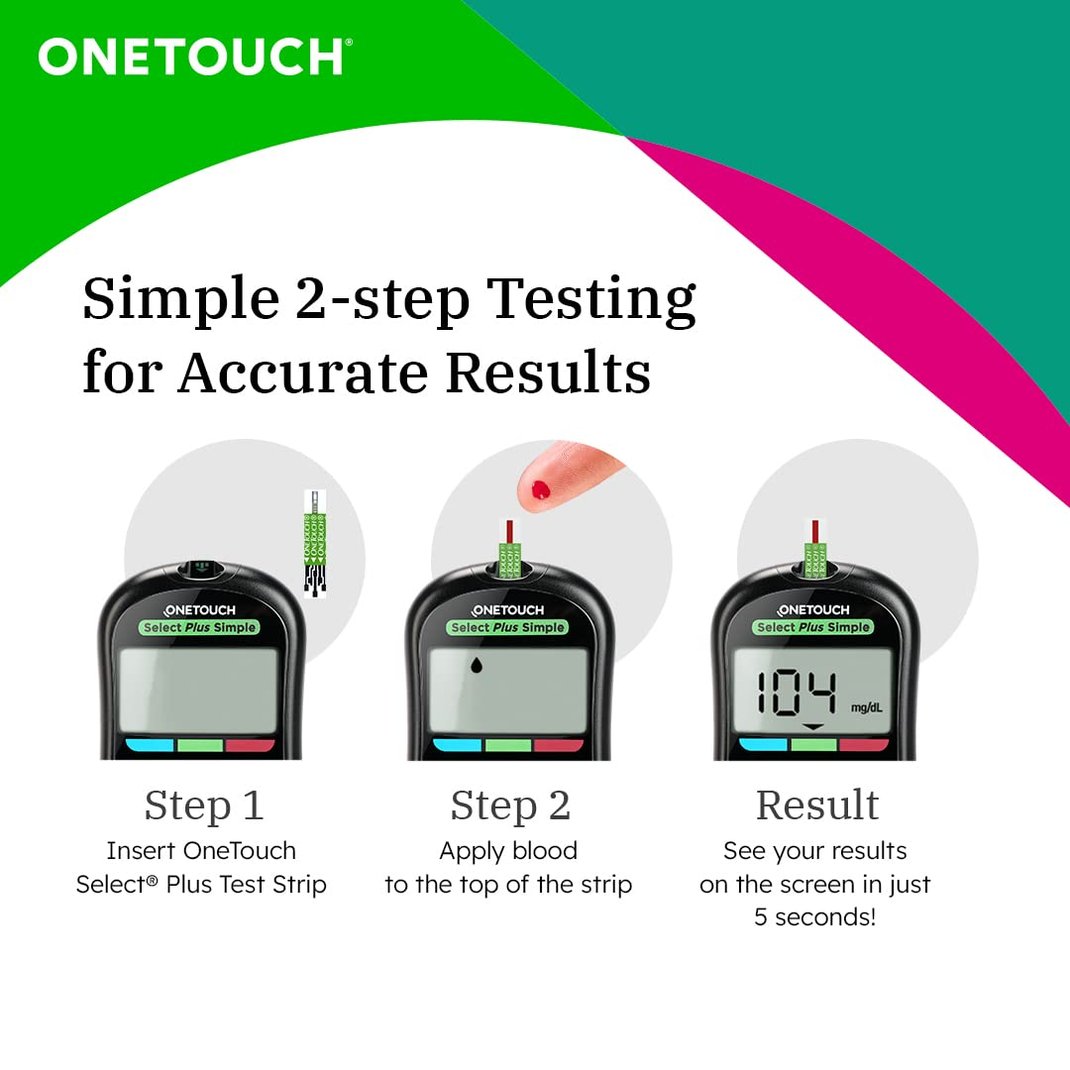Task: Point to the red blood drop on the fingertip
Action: (x=541, y=487)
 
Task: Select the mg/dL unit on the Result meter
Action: (x=865, y=707)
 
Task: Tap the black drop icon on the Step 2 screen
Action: (x=476, y=666)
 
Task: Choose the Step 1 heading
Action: (x=204, y=805)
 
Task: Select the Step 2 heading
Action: (x=510, y=805)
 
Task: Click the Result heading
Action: (x=817, y=805)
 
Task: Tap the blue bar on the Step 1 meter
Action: (x=150, y=745)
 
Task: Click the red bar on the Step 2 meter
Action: (x=559, y=745)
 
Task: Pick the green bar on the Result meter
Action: (x=813, y=745)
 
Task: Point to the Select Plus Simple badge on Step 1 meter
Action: (x=199, y=627)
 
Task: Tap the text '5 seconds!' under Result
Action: (x=815, y=917)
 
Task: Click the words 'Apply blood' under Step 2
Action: (x=508, y=851)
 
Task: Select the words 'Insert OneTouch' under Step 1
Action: (x=201, y=851)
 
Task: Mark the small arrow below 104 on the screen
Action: (x=812, y=727)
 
